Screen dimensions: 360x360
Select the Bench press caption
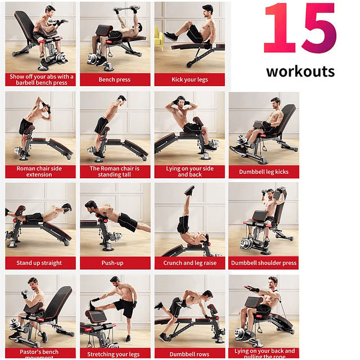[x=115, y=80]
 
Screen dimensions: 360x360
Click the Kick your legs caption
[x=190, y=80]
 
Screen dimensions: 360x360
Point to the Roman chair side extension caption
[x=39, y=172]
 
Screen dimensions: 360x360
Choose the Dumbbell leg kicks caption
[x=264, y=172]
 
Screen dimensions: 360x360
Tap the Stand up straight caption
[x=39, y=263]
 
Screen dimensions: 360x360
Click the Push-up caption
[x=115, y=263]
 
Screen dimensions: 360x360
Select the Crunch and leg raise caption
[x=190, y=263]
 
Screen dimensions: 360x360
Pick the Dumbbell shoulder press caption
[x=264, y=263]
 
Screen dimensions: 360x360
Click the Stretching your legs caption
[x=115, y=354]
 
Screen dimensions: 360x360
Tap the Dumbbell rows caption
[x=190, y=354]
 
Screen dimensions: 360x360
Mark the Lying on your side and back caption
[x=190, y=172]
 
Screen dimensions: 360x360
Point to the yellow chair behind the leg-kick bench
[x=158, y=38]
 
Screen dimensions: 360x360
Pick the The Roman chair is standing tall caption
[x=115, y=172]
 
